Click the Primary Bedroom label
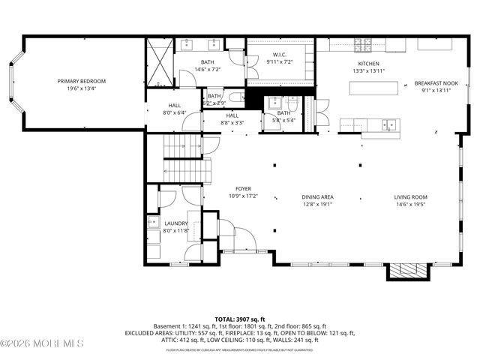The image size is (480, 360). click(x=82, y=81)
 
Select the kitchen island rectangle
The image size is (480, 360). click(x=373, y=88)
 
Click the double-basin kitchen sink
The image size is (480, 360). click(x=388, y=125)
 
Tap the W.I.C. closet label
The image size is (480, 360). click(x=280, y=54)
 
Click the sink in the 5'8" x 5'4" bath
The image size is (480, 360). click(x=273, y=103)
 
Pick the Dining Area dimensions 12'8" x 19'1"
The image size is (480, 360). click(x=317, y=204)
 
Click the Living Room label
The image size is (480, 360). click(x=430, y=197)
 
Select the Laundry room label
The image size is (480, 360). click(x=175, y=223)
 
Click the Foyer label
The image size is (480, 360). click(x=243, y=189)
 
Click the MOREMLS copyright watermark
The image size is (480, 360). click(x=42, y=343)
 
